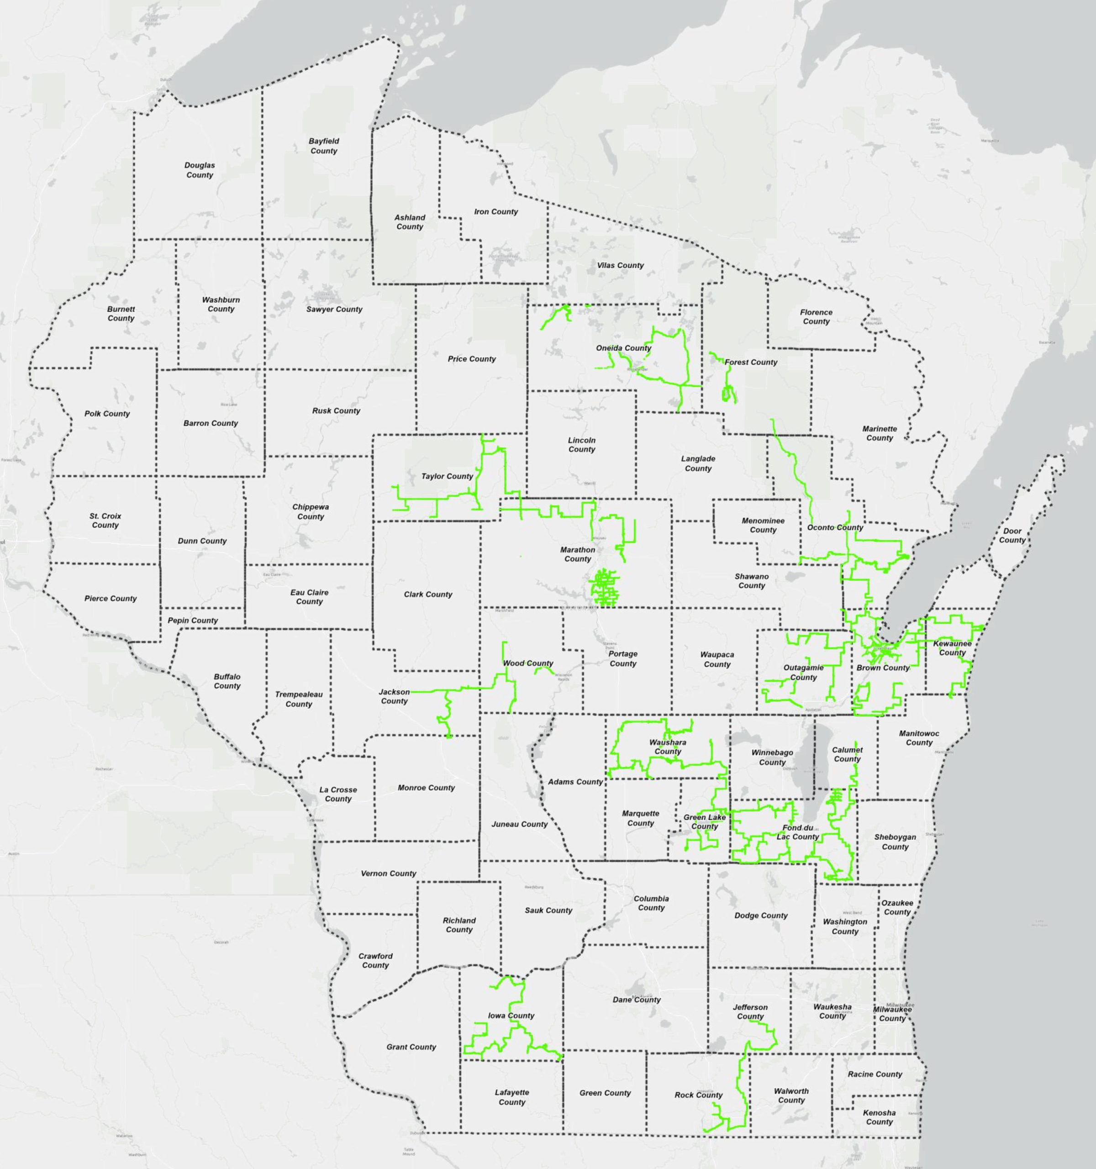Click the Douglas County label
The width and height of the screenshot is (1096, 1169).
point(199,170)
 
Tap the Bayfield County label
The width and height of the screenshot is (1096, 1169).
point(323,146)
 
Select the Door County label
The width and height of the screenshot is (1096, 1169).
point(1012,535)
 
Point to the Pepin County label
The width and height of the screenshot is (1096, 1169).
point(192,621)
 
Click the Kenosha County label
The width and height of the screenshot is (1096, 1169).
point(879,1117)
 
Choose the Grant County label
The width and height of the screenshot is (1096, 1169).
point(411,1047)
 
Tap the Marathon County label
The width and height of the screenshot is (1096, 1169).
point(577,554)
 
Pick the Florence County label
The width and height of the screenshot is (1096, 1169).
point(816,316)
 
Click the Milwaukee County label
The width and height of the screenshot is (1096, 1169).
point(892,1014)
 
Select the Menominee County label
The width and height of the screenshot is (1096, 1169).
point(763,525)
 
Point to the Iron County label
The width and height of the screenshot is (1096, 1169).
point(495,212)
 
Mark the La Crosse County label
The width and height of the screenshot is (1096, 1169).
point(338,794)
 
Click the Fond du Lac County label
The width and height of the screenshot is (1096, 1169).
point(797,832)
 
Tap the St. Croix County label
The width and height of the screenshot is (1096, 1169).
point(105,521)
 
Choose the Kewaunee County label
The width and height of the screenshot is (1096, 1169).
point(952,648)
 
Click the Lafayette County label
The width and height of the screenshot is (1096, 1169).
point(511,1097)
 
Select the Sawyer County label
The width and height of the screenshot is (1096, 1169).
point(334,309)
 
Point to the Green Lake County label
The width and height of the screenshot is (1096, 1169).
point(704,821)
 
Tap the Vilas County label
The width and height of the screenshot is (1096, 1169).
point(620,265)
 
